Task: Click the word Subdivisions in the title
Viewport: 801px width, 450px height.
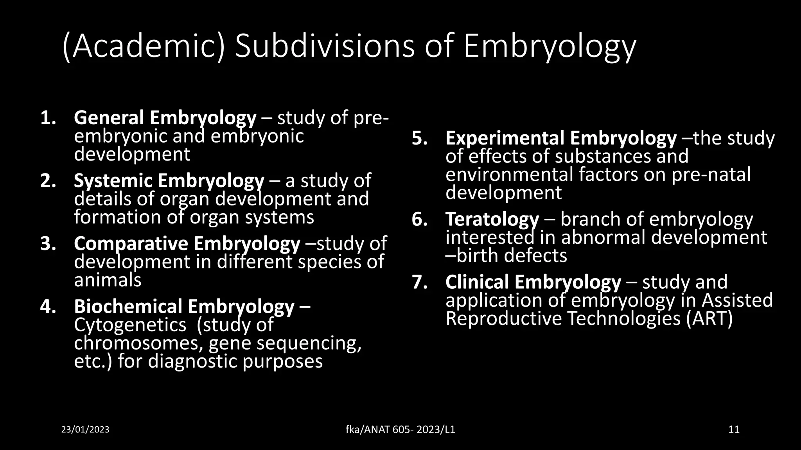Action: pyautogui.click(x=324, y=47)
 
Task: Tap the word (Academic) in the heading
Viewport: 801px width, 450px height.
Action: pyautogui.click(x=143, y=47)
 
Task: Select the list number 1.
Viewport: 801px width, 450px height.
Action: pyautogui.click(x=48, y=118)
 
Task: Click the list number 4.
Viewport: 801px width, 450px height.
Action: pyautogui.click(x=48, y=307)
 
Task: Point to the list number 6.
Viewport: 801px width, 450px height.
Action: pyautogui.click(x=420, y=220)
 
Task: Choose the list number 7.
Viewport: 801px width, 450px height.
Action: pyautogui.click(x=420, y=282)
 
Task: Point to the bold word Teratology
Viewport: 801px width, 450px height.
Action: pyautogui.click(x=492, y=220)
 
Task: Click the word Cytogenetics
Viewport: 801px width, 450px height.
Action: pyautogui.click(x=130, y=325)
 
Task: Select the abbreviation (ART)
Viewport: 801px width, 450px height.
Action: pyautogui.click(x=709, y=319)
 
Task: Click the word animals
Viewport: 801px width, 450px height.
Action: pyautogui.click(x=108, y=280)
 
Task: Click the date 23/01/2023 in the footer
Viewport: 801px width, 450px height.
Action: pyautogui.click(x=85, y=430)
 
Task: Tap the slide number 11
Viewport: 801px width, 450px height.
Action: pyautogui.click(x=734, y=430)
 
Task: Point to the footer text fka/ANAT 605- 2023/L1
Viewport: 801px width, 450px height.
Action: pyautogui.click(x=400, y=430)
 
